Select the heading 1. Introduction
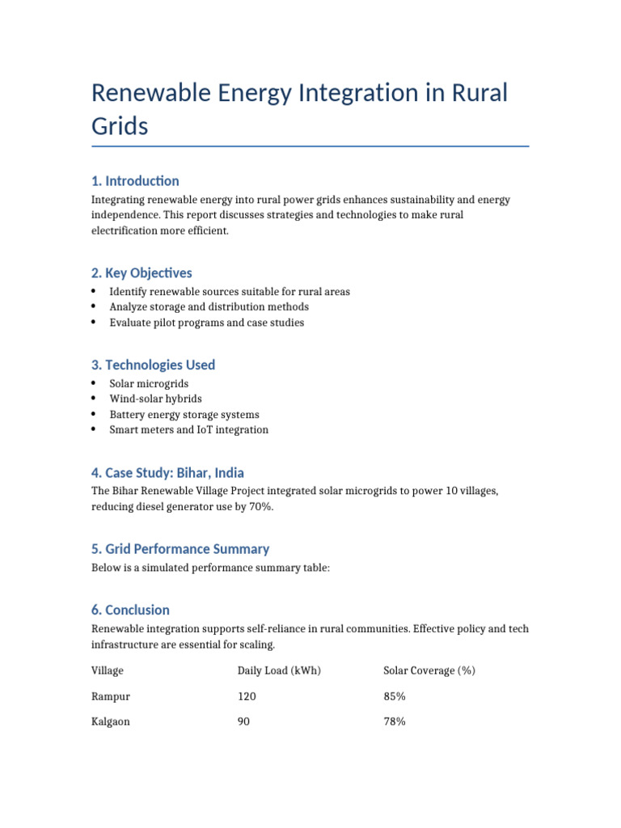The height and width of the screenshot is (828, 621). pos(135,180)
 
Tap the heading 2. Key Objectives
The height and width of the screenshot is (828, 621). pos(142,272)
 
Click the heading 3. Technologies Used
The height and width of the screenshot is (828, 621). pos(153,365)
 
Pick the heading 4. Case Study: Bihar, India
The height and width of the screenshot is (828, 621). pos(167,472)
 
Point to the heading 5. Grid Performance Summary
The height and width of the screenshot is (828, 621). pos(180,548)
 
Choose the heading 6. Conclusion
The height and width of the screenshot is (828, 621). pos(130,610)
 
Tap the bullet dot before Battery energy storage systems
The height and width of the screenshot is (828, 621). pos(94,414)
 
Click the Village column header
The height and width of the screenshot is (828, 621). pos(108,670)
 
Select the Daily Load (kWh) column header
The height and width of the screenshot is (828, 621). pos(279,670)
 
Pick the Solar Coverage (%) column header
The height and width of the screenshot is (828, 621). pos(429,670)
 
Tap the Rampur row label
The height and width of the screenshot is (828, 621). pos(111,696)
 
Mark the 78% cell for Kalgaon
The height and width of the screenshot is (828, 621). pos(395,721)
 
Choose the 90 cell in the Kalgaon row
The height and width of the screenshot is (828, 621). pos(243,721)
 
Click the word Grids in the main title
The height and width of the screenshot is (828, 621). pos(120,126)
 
